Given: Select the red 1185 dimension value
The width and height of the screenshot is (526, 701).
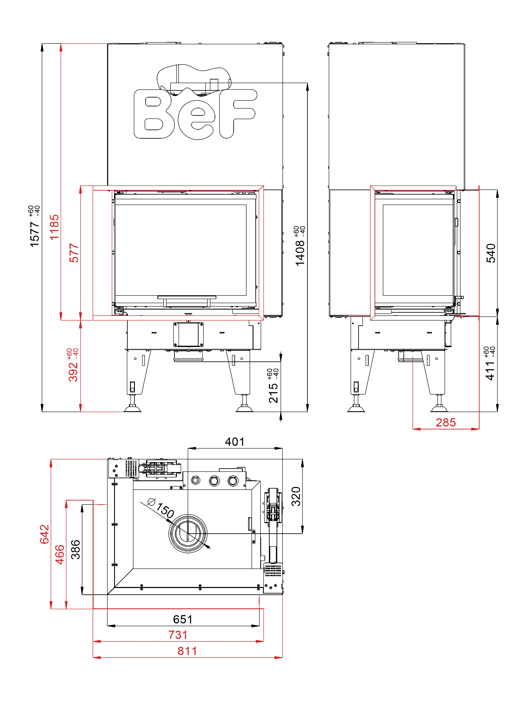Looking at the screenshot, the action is (x=54, y=227).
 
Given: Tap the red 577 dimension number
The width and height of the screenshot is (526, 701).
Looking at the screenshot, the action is (x=74, y=253).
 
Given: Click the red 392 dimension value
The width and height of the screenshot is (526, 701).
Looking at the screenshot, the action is (x=73, y=371).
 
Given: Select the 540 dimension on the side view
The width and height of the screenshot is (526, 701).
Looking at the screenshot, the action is (x=491, y=253).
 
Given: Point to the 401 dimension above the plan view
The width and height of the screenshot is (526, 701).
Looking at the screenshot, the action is (x=235, y=442).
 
